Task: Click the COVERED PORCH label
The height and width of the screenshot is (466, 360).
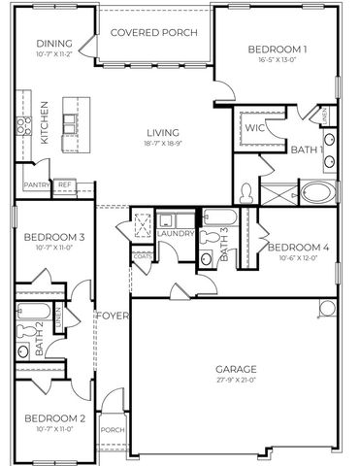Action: click(x=153, y=32)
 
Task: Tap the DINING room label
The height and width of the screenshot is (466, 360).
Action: click(x=53, y=44)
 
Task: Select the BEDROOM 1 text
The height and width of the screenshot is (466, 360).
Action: click(x=278, y=50)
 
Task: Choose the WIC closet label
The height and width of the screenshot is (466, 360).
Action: click(x=254, y=127)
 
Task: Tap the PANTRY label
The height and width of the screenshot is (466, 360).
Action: click(x=37, y=183)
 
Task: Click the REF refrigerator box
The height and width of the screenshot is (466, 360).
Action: click(x=65, y=183)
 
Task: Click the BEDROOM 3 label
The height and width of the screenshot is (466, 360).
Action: click(x=53, y=237)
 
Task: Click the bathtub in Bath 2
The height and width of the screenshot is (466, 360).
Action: click(x=30, y=312)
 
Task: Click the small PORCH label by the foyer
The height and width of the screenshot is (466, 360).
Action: click(x=113, y=430)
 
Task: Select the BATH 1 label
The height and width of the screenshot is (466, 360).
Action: click(x=307, y=149)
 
